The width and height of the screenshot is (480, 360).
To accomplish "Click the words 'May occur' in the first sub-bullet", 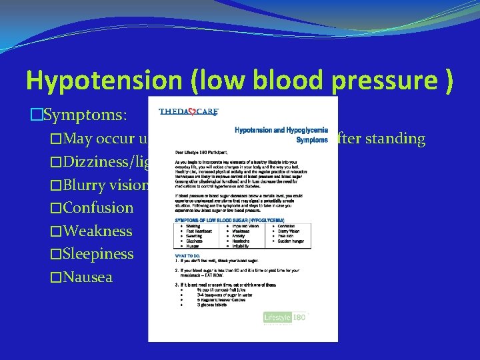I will point(97,139).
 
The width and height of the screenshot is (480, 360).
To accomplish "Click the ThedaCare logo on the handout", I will point(189,111).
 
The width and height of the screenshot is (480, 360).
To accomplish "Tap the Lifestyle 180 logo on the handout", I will point(285,317).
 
